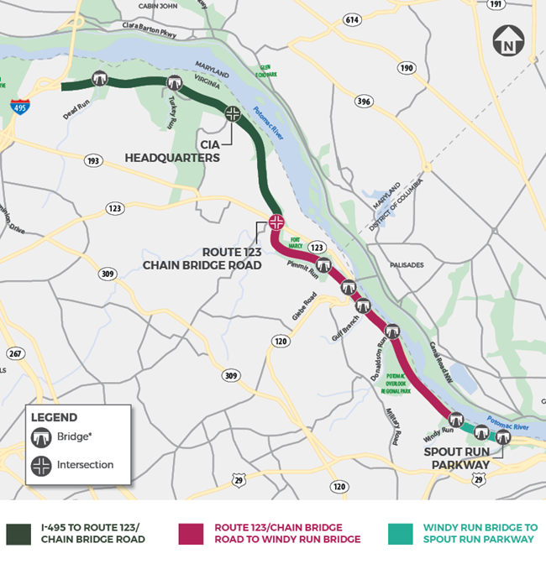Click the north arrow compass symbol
(x=508, y=39)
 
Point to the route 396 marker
(x=364, y=101)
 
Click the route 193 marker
(x=93, y=160)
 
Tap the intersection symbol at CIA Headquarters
(x=233, y=113)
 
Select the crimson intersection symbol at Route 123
(x=276, y=222)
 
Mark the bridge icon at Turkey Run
(x=175, y=82)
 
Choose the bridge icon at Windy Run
(x=456, y=419)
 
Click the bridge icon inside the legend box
(x=41, y=437)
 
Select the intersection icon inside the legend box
(x=41, y=465)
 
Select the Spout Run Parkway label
(x=459, y=458)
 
